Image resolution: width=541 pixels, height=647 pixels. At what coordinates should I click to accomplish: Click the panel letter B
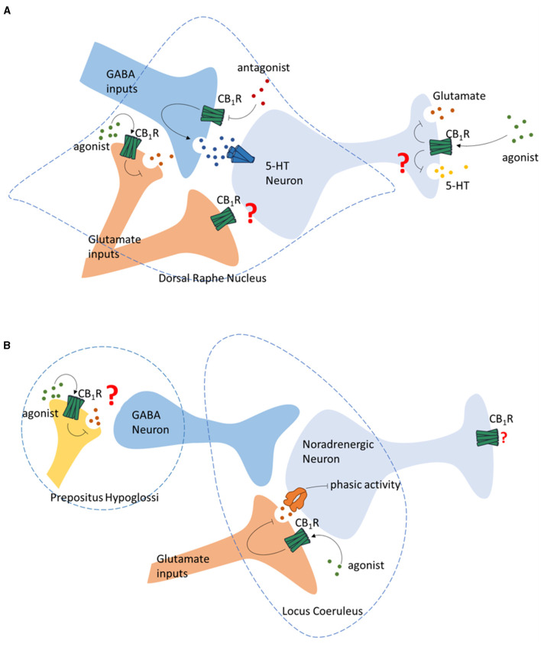(x=7, y=346)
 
